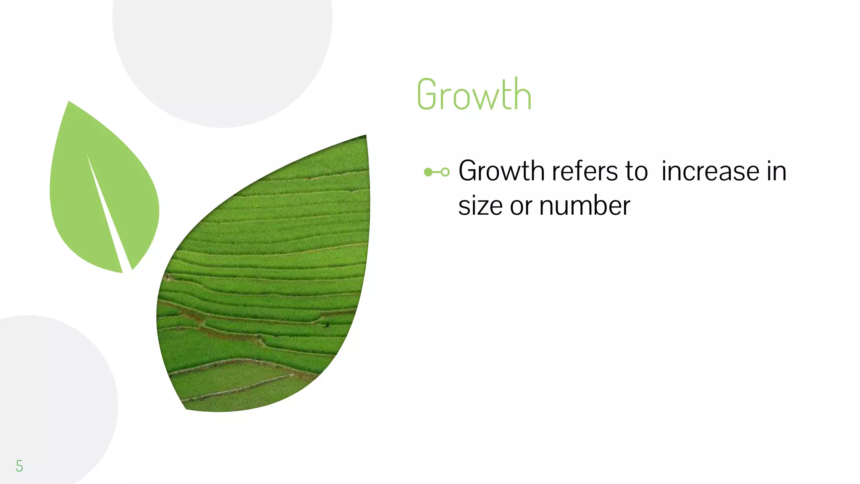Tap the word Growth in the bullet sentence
click(501, 171)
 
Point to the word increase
click(711, 171)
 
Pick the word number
click(585, 206)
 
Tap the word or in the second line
click(521, 207)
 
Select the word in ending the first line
click(776, 171)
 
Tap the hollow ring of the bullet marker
click(445, 172)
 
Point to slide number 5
click(19, 466)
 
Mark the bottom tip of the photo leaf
click(186, 408)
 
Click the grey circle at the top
click(223, 50)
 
